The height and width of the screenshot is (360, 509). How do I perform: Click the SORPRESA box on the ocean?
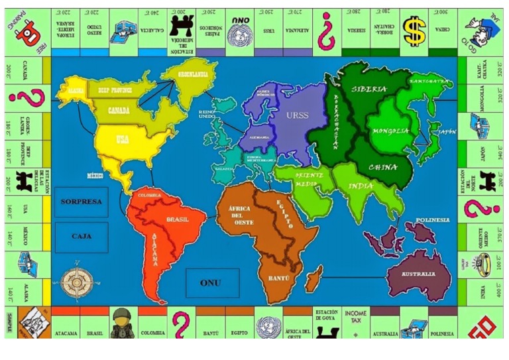[x=81, y=201]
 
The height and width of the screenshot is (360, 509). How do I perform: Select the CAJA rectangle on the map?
[x=81, y=237]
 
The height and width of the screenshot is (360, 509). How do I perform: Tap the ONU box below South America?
[x=211, y=283]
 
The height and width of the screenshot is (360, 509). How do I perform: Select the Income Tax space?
[x=356, y=322]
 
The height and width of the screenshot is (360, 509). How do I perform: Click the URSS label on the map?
[x=298, y=115]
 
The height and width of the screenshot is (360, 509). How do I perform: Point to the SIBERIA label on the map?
[x=370, y=89]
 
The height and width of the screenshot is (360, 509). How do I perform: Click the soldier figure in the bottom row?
[x=123, y=323]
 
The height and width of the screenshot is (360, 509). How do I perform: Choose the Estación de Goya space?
[x=327, y=322]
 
